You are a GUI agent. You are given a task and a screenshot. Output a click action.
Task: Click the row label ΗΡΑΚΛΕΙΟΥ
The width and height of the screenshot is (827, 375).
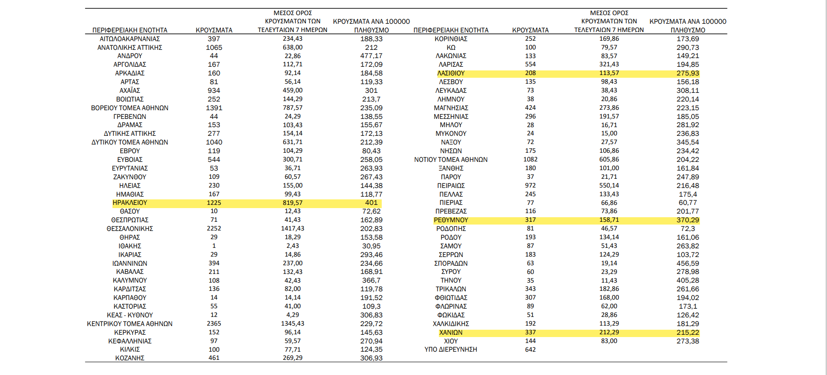[x=130, y=203]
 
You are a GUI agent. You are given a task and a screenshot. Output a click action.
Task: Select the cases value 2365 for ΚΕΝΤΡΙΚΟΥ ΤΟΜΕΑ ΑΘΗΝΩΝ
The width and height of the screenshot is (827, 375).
[x=214, y=323]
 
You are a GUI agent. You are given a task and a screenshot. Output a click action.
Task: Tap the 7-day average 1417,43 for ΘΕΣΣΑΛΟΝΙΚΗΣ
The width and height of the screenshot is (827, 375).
[x=293, y=228]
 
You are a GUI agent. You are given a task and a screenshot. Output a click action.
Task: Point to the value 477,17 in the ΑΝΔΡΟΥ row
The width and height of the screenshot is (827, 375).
[x=371, y=56]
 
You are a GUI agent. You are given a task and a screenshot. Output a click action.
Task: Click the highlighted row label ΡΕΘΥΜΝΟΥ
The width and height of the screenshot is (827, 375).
[x=451, y=220]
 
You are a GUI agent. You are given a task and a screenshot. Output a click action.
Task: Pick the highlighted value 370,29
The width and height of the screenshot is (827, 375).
[x=688, y=220]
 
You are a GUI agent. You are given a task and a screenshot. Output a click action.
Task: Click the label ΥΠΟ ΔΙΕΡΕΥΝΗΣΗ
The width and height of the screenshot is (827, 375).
[x=451, y=349]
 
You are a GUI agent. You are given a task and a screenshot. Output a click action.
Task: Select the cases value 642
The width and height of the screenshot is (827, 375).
[x=530, y=349]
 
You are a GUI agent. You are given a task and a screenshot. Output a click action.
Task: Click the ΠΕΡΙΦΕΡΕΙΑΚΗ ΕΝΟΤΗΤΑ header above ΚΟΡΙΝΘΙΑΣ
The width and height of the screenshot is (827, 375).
[x=451, y=30]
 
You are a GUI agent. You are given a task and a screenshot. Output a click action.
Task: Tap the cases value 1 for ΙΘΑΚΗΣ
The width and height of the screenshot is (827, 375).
[x=214, y=246]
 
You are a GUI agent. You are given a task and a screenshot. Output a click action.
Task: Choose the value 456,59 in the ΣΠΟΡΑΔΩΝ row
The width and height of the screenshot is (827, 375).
[x=688, y=263]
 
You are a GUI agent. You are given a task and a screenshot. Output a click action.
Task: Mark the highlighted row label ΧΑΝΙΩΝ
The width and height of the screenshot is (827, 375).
[x=451, y=332]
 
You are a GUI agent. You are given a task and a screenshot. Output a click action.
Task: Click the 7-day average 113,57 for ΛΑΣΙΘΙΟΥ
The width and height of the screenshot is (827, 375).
[x=609, y=73]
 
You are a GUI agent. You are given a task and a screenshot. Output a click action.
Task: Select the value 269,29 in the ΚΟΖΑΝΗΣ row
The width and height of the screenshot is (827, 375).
[x=293, y=358]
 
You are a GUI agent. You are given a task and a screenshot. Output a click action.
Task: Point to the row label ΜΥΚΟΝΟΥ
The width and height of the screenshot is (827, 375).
[x=451, y=134]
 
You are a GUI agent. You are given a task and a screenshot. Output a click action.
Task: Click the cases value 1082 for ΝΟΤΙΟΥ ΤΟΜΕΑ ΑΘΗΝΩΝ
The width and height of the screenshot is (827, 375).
[x=530, y=160]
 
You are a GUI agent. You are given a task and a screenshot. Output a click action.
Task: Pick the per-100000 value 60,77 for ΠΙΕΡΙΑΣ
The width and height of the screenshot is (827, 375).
[x=688, y=203]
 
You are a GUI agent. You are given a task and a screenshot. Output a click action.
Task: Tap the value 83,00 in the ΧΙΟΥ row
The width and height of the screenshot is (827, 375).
[x=609, y=341]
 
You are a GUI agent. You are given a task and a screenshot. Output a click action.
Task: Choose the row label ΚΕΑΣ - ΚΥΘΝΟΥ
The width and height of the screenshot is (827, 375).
[x=130, y=315]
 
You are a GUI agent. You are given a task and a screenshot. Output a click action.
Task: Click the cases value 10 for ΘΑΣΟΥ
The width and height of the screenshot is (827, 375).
[x=214, y=211]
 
